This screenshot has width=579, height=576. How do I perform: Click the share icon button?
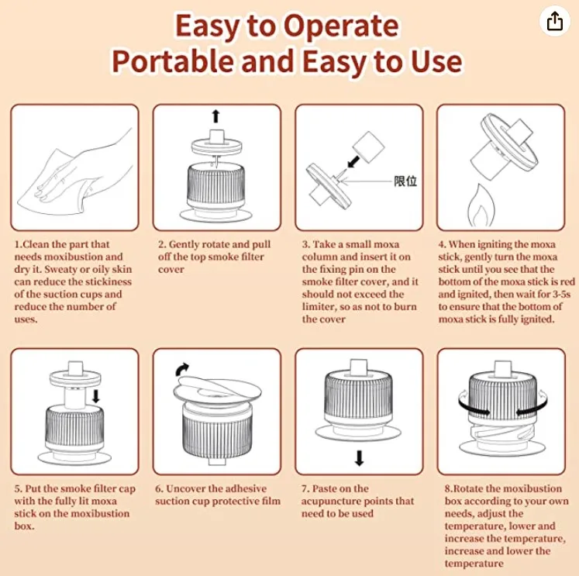point(555,21)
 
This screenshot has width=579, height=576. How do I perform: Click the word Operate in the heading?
point(342,26)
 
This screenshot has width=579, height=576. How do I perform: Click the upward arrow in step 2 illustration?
point(216,116)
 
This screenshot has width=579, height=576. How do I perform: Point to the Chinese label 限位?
point(405,181)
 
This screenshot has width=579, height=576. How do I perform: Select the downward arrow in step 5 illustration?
point(96,396)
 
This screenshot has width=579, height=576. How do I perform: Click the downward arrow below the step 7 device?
point(360,458)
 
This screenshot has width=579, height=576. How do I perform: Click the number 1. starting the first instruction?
point(19,244)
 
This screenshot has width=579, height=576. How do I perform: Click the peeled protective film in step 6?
point(217,391)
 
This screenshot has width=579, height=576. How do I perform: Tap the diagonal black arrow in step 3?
point(353,161)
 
